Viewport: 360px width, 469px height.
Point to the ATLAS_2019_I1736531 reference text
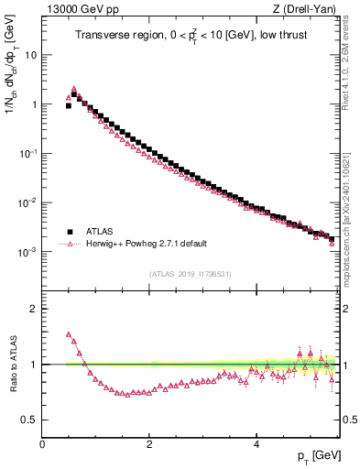[x=190, y=274]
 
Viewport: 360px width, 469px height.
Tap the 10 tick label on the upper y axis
[x=30, y=55]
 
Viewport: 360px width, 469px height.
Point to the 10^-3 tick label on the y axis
[x=27, y=252]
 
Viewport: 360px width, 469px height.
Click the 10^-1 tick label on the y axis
[x=27, y=153]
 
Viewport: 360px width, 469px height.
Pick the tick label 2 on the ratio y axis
[x=33, y=309]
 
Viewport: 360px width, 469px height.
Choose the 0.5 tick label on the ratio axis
[x=29, y=420]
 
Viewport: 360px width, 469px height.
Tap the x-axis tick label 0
[x=42, y=444]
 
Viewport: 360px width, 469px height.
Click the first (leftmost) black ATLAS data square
[x=69, y=105]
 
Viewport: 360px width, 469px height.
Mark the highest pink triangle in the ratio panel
[x=69, y=334]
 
